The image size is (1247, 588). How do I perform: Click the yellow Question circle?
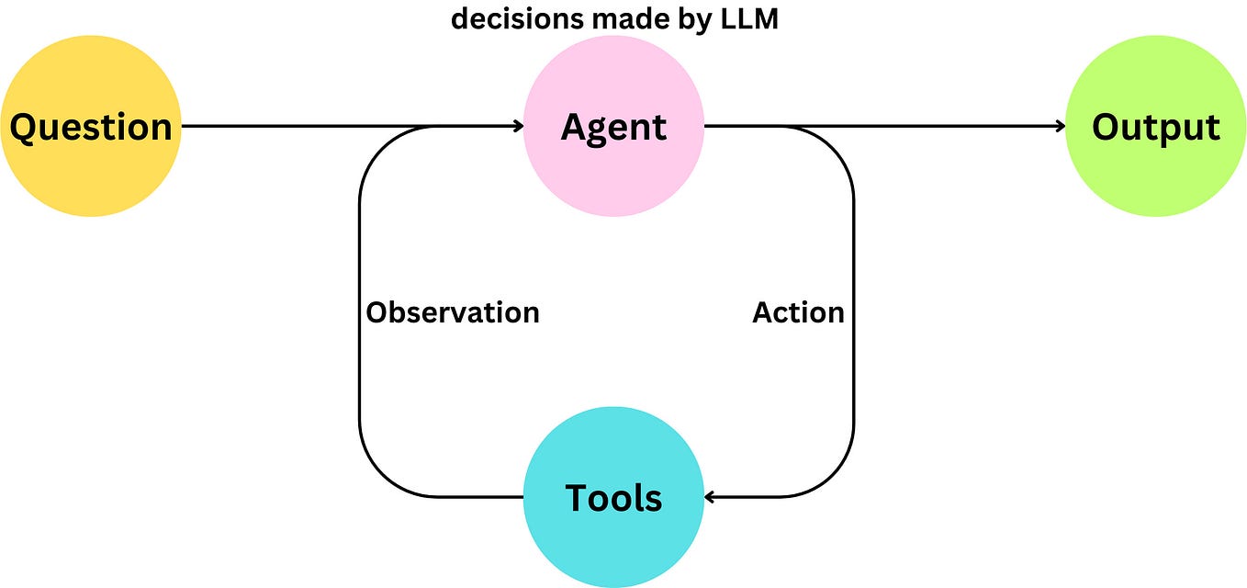(91, 126)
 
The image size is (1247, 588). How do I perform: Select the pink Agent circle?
(613, 126)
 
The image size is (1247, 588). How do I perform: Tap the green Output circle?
(1156, 126)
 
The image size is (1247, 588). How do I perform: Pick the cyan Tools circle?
(613, 497)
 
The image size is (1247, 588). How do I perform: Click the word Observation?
(453, 312)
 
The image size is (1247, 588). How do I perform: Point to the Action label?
(798, 312)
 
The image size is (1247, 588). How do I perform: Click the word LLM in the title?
(749, 19)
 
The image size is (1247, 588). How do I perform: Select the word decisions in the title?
(517, 19)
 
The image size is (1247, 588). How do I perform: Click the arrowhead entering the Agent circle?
(518, 126)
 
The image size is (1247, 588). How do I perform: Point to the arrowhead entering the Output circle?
(1060, 126)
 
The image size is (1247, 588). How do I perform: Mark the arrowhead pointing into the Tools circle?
(710, 497)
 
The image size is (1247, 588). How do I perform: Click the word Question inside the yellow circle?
(91, 128)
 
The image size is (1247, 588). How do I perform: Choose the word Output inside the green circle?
(1156, 128)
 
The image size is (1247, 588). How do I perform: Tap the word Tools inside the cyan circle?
(613, 497)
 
